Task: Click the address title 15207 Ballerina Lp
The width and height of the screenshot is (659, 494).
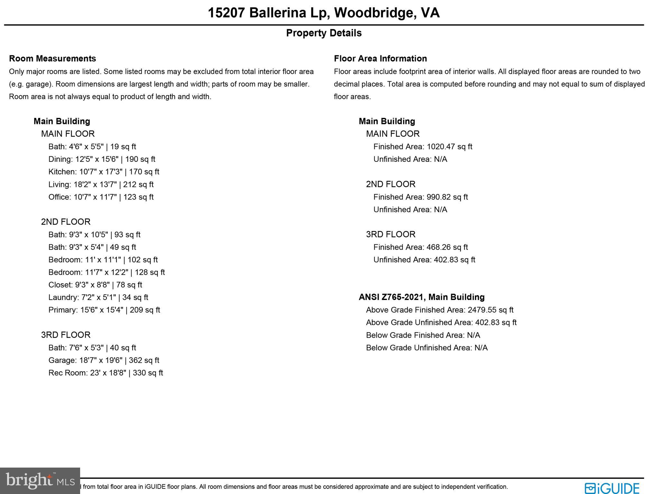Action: pos(323,13)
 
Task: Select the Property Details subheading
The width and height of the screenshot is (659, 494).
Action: pos(324,33)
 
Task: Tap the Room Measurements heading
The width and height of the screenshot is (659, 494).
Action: pos(52,59)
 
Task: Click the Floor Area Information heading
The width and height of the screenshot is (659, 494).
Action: pos(380,59)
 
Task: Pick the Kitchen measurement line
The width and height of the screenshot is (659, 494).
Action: pos(104,172)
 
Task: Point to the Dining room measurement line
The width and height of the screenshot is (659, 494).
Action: pos(102,159)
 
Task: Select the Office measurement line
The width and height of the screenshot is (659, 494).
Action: pos(101,197)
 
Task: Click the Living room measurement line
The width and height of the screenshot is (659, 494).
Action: pos(101,184)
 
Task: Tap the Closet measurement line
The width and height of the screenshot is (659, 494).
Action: pos(95,285)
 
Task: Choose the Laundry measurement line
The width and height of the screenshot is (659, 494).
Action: pos(98,297)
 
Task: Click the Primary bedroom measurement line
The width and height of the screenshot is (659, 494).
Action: pos(104,310)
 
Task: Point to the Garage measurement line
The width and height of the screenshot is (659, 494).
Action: pos(104,360)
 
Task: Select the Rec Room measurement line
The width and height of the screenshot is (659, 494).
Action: pos(106,373)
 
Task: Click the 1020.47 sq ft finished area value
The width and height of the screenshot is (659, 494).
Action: pos(449,147)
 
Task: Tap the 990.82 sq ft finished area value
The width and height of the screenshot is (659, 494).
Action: pos(447,197)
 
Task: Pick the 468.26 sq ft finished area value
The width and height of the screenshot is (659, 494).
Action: pos(447,247)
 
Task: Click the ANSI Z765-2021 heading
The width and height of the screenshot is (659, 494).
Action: pos(422,297)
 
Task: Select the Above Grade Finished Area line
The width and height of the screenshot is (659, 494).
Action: pos(440,310)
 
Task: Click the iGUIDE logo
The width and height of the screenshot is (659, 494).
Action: pos(612,488)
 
